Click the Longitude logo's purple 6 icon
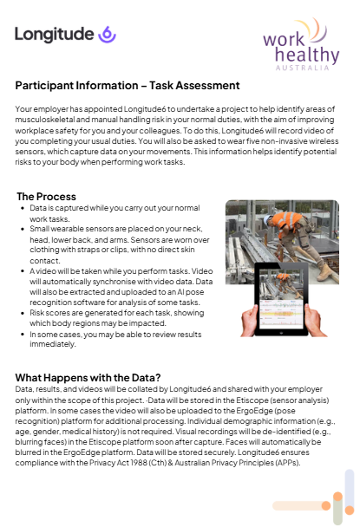coord(107,35)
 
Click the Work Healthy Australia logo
coord(301,44)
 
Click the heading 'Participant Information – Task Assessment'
coord(128,85)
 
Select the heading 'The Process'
coord(47,196)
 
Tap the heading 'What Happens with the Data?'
coord(88,377)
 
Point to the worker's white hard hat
coord(268,220)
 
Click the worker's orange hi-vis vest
coord(286,221)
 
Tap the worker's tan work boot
coord(324,272)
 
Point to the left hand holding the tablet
coord(249,320)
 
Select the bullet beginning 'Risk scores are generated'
coord(117,318)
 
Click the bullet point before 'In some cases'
coord(23,335)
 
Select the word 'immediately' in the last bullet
coord(52,344)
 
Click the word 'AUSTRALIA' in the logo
coord(302,68)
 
